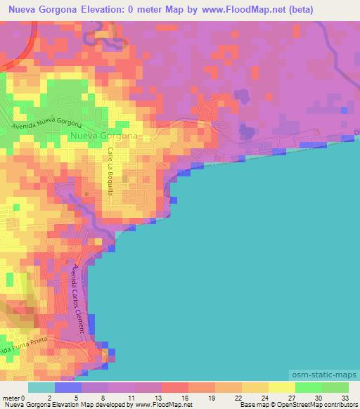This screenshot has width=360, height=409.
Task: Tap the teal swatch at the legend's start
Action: tap(41, 387)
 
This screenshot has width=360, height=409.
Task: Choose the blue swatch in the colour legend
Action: tap(68, 387)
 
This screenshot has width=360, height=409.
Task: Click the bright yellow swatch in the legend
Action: tap(281, 387)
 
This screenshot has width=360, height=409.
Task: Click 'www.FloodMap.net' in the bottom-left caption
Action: tap(158, 405)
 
